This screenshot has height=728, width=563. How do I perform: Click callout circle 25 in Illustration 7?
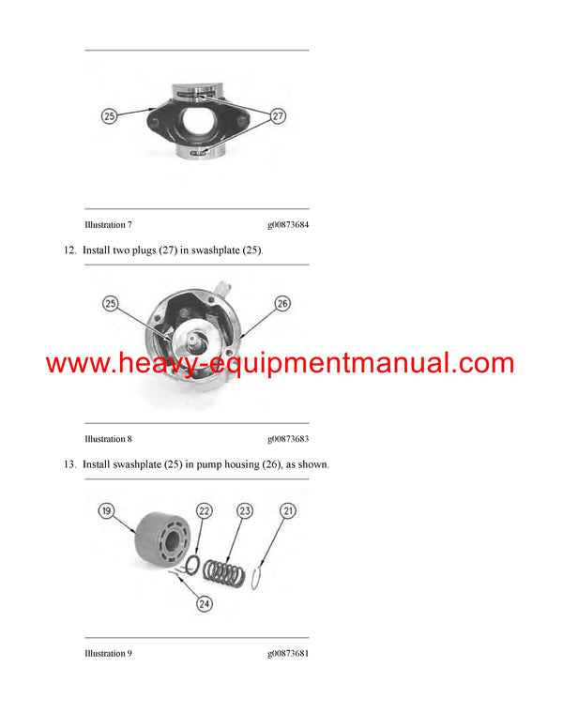pos(110,117)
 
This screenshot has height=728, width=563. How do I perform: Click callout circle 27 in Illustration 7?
pos(278,117)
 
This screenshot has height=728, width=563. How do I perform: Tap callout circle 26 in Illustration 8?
pos(283,304)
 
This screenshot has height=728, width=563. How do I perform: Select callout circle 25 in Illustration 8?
pos(111,304)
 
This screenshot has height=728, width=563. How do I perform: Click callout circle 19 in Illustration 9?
pos(107,511)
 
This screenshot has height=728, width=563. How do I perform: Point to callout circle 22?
pos(205,511)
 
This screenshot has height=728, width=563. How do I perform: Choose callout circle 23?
pos(245,511)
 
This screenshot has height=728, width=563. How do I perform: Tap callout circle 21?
pos(288,511)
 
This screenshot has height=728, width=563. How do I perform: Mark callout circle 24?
pos(205,604)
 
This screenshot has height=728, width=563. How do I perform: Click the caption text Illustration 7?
pos(108,225)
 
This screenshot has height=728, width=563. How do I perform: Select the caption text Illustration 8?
pos(108,439)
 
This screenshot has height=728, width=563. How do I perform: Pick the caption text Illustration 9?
pos(108,653)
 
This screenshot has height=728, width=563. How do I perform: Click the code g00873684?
pos(287,225)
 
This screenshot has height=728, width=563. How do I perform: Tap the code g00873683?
pos(287,439)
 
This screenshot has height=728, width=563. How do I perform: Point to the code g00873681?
pos(287,653)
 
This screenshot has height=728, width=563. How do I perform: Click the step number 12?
pos(70,251)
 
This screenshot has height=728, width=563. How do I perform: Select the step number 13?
pos(70,465)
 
